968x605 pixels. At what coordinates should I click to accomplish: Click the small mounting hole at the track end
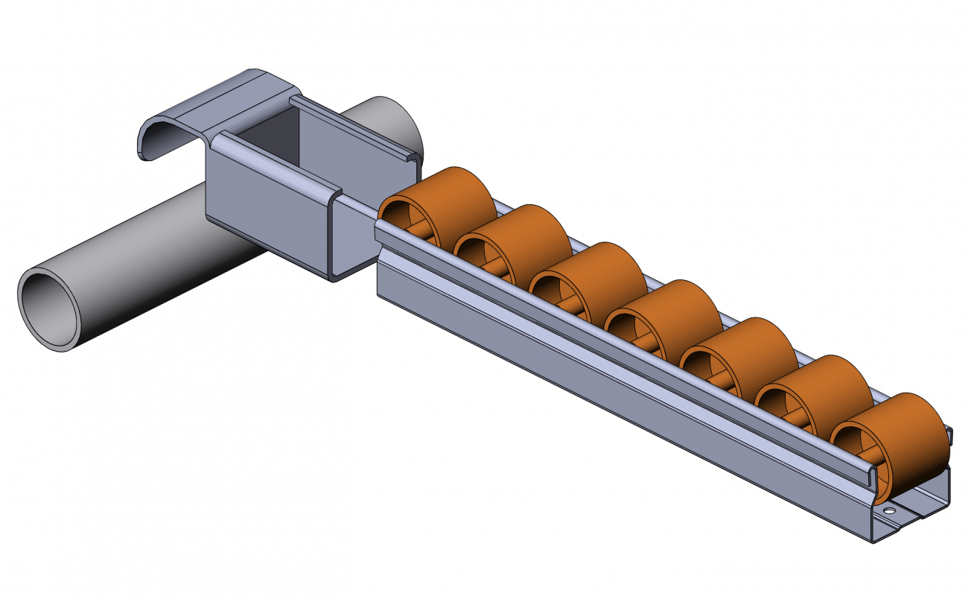coord(888,512)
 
